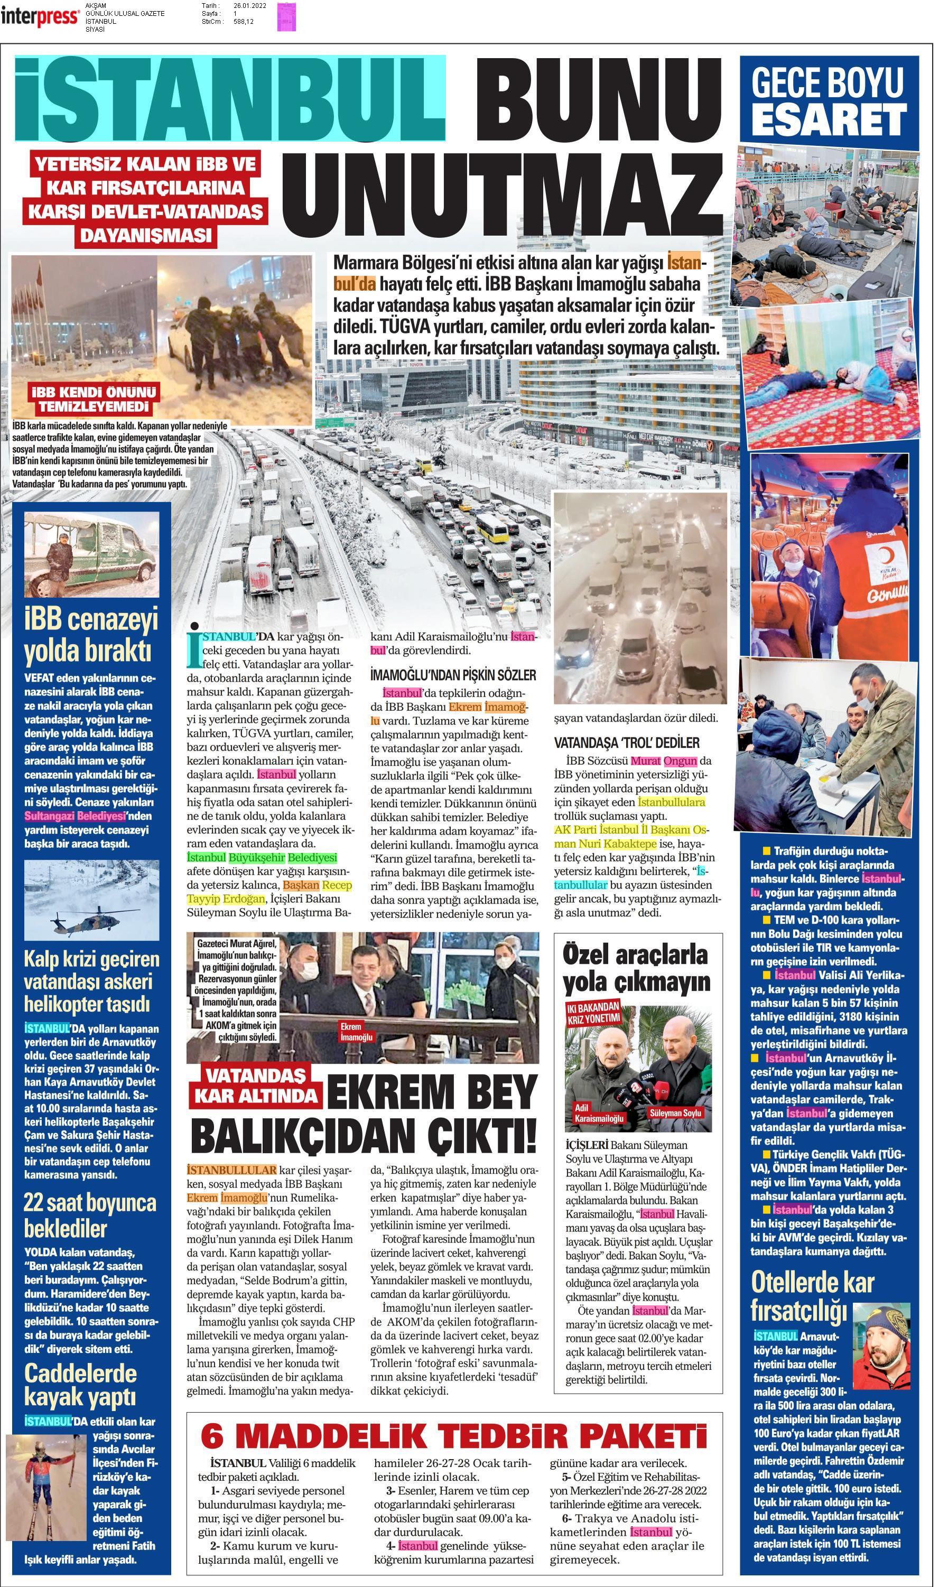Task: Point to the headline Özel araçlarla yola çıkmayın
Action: [636, 968]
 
